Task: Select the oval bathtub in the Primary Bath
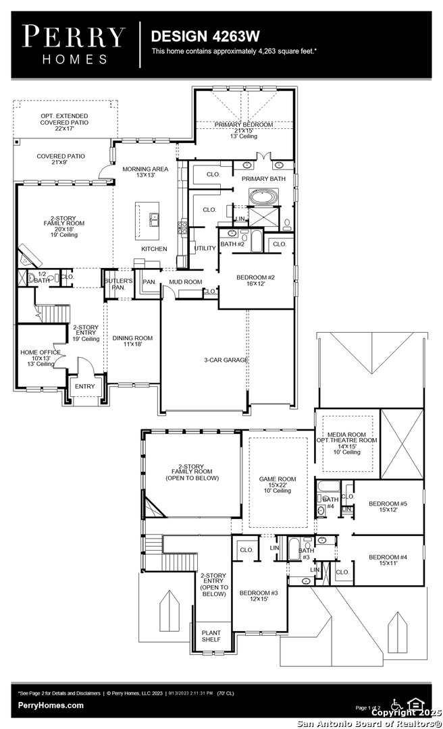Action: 261,198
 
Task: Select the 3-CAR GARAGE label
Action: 226,360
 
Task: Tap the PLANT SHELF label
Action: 211,637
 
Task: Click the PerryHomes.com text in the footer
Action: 51,705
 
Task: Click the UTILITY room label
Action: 205,248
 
